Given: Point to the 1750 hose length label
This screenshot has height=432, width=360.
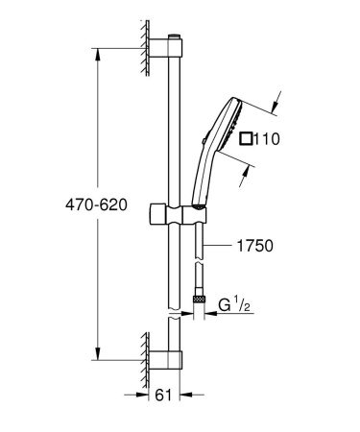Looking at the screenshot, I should point(254,246).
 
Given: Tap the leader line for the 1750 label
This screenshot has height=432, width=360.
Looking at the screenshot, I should point(220,246).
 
